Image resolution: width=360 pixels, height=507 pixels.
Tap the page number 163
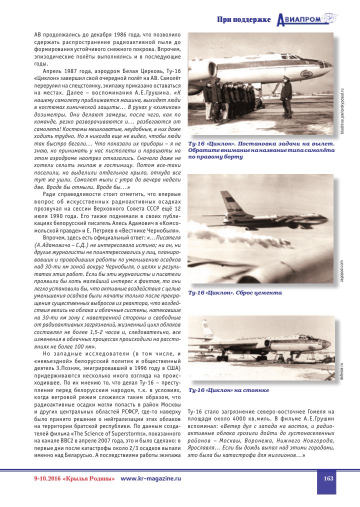click(x=328, y=478)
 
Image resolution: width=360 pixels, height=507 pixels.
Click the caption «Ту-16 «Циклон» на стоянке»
click(x=228, y=389)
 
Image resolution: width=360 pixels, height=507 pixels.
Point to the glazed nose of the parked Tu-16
click(x=325, y=345)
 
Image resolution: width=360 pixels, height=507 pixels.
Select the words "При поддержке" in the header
click(x=243, y=20)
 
